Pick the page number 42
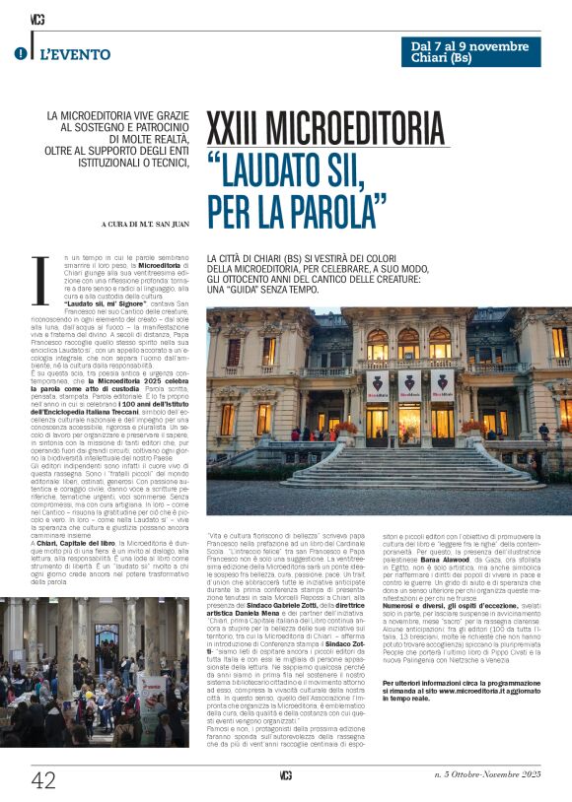point(43,780)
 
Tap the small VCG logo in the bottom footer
point(286,776)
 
